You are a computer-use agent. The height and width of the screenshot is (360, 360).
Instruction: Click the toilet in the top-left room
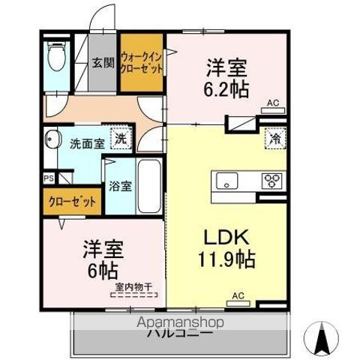tap(54, 57)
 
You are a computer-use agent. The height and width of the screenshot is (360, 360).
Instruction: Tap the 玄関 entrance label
tap(103, 63)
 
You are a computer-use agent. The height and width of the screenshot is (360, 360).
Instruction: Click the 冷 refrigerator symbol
tap(275, 138)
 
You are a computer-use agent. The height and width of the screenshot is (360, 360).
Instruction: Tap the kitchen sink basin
tap(226, 180)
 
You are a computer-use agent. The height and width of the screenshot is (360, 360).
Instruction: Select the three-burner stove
tap(271, 180)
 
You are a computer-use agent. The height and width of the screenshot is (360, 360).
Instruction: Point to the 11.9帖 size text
tap(224, 260)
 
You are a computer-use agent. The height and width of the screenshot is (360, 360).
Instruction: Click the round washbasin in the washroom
tap(52, 139)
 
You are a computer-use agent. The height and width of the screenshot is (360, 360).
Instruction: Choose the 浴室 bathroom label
tap(121, 186)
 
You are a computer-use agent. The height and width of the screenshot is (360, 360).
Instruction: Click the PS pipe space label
tap(48, 178)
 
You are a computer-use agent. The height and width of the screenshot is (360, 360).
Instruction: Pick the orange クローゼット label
tap(73, 202)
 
